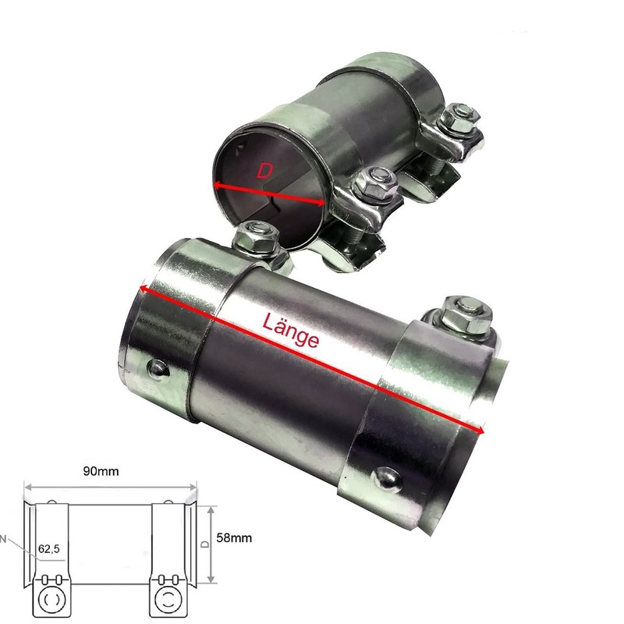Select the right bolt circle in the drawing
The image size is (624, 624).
click(168, 599)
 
